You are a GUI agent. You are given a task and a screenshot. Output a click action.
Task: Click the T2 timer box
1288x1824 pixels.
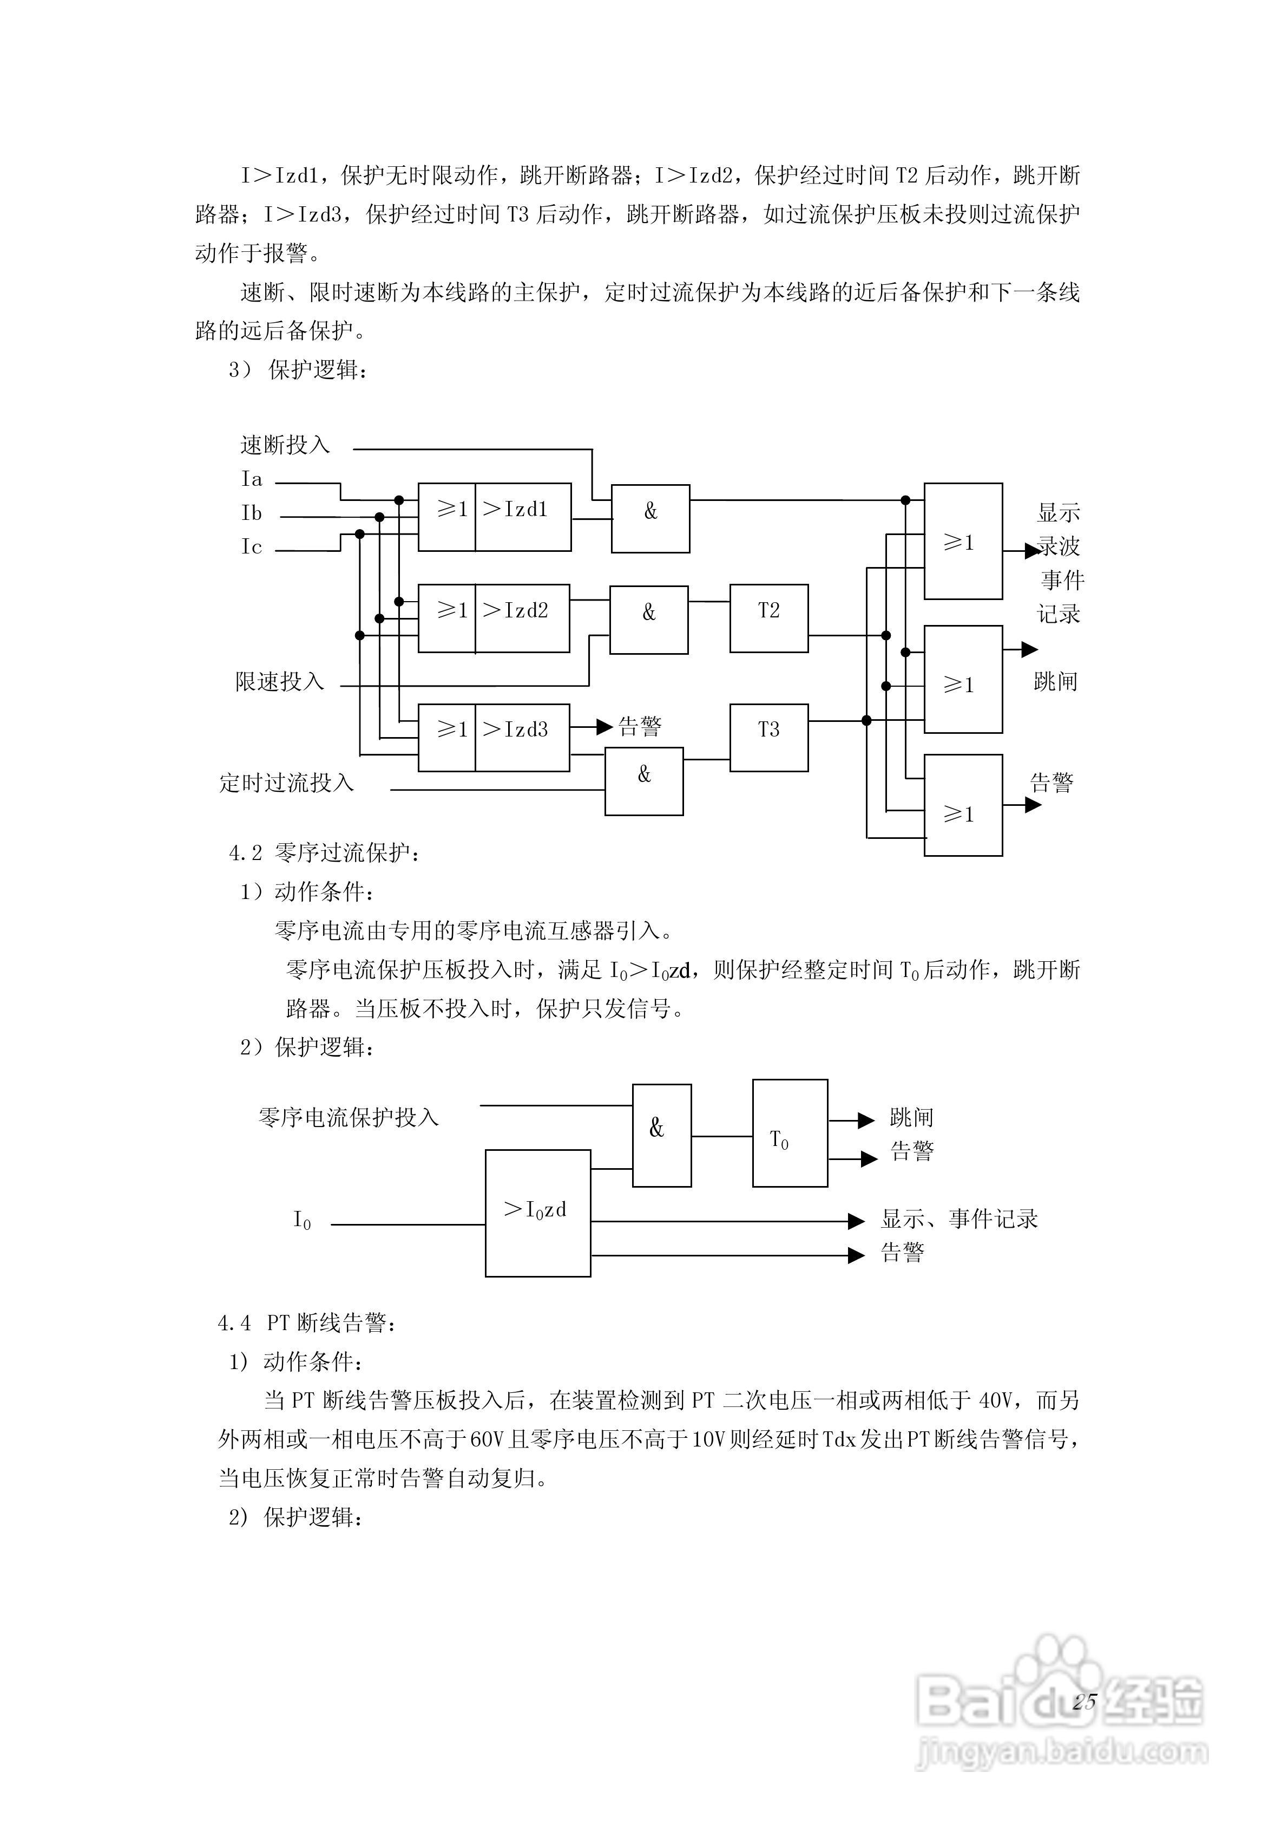[x=768, y=618]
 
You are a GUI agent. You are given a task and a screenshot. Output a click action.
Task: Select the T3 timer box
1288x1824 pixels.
[x=768, y=737]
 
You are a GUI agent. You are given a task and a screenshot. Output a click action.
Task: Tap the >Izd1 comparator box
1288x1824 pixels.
[x=522, y=516]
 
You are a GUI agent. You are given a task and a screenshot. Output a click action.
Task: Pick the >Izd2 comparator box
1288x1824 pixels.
[x=522, y=618]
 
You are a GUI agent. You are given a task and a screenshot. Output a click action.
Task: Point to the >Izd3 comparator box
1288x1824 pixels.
[x=522, y=737]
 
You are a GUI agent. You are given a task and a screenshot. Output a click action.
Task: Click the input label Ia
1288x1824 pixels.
[x=252, y=479]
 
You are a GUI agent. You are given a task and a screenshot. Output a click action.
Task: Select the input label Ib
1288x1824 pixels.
[x=252, y=513]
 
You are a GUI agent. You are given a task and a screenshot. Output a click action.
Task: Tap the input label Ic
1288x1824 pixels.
[x=252, y=546]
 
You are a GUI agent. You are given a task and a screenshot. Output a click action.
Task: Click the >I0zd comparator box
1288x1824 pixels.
[x=537, y=1213]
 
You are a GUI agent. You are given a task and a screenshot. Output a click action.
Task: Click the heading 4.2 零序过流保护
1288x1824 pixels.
[x=325, y=853]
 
